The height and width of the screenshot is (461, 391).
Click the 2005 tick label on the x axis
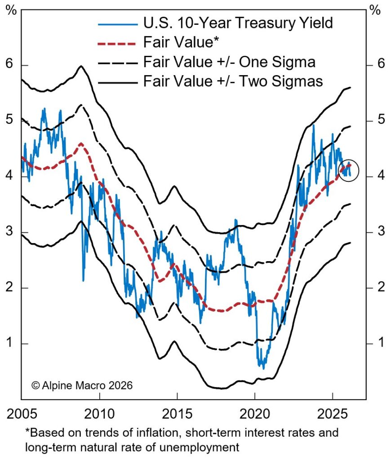[x=21, y=414]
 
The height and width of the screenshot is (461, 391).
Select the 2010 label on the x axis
[x=99, y=414]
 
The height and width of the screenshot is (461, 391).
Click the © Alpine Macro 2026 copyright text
[x=82, y=385]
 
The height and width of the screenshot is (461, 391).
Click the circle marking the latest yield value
[x=349, y=170]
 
